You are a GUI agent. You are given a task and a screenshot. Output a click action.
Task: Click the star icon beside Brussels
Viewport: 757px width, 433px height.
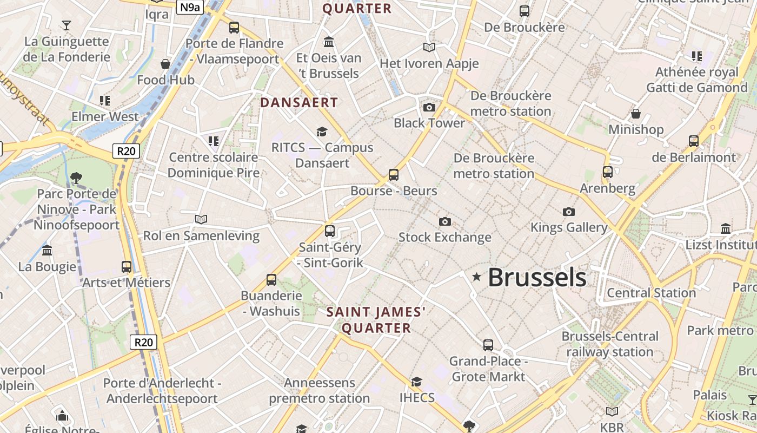pyautogui.click(x=476, y=277)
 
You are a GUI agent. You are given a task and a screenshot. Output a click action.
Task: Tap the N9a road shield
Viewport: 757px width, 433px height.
pyautogui.click(x=191, y=7)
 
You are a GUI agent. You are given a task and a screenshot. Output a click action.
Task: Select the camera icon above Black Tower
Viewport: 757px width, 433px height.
pyautogui.click(x=429, y=107)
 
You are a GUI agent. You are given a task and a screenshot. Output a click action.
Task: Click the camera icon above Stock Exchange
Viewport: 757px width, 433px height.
pyautogui.click(x=445, y=221)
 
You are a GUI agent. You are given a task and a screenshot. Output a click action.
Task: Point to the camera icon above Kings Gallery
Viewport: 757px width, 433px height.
pyautogui.click(x=568, y=212)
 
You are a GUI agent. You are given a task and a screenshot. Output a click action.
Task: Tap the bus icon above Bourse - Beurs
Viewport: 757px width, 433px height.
pyautogui.click(x=394, y=175)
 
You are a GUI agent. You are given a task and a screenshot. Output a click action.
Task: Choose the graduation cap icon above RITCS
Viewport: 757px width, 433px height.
pyautogui.click(x=322, y=132)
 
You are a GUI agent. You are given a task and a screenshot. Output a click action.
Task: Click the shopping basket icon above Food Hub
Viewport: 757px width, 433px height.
pyautogui.click(x=165, y=64)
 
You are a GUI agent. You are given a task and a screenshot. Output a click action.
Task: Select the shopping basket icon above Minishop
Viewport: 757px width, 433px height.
pyautogui.click(x=636, y=114)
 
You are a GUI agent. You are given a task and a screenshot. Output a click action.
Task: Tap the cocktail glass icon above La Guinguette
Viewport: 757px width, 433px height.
pyautogui.click(x=67, y=25)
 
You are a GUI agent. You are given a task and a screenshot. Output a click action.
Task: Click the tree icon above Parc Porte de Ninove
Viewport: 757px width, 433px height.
pyautogui.click(x=76, y=177)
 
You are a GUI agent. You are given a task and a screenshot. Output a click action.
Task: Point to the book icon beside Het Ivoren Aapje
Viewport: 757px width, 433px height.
pyautogui.click(x=429, y=48)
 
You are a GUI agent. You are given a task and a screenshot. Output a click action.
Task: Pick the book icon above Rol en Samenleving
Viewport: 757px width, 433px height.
pyautogui.click(x=201, y=219)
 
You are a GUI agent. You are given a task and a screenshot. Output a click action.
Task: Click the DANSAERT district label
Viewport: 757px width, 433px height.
pyautogui.click(x=299, y=102)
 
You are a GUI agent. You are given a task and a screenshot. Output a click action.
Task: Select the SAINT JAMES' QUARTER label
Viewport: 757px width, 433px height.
pyautogui.click(x=376, y=320)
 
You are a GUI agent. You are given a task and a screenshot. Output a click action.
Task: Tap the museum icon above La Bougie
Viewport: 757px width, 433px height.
pyautogui.click(x=47, y=251)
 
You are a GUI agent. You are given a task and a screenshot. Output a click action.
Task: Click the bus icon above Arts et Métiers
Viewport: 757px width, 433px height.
pyautogui.click(x=127, y=266)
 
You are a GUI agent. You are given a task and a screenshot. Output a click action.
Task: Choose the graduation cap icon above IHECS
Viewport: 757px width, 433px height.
pyautogui.click(x=416, y=382)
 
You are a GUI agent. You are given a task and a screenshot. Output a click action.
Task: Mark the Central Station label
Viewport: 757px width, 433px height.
pyautogui.click(x=651, y=293)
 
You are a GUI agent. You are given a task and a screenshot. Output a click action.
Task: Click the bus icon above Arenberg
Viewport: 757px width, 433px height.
pyautogui.click(x=608, y=172)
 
